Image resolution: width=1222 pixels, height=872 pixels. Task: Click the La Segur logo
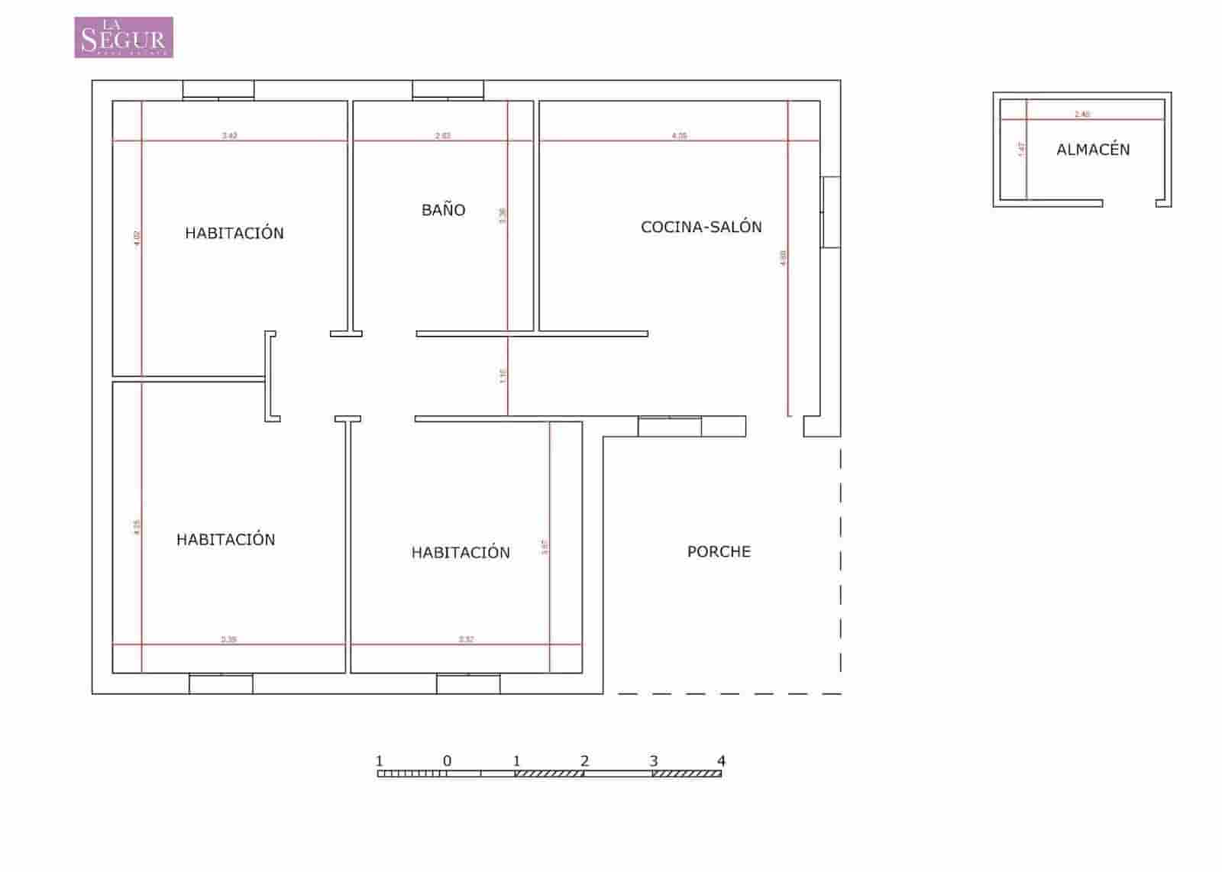coord(124,37)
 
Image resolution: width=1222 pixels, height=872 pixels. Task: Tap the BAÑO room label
coord(443,210)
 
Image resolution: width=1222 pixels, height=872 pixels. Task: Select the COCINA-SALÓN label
coord(701,227)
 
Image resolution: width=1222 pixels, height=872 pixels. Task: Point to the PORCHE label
coord(719,551)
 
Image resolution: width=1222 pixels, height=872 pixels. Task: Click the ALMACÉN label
coord(1093,150)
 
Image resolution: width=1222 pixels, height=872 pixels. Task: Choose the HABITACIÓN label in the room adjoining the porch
coord(461,552)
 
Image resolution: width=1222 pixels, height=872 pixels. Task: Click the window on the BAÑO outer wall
coord(448,90)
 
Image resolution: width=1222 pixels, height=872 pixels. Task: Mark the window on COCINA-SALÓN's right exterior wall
coord(830,212)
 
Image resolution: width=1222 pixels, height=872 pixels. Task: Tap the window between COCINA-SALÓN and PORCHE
coord(669,427)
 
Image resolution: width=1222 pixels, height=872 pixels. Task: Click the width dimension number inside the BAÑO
coord(443,136)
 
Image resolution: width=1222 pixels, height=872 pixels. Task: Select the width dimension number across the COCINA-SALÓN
coord(679,136)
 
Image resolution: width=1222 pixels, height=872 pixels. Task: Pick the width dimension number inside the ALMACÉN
coord(1082,115)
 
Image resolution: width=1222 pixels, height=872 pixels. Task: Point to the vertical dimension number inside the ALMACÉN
coord(1021,150)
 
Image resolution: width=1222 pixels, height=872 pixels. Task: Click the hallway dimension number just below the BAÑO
coord(503,376)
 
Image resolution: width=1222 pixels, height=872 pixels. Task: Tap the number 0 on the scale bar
coord(447,761)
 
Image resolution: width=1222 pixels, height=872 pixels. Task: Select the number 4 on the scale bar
coord(721,761)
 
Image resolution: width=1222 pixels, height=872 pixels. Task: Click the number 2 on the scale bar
coord(584,761)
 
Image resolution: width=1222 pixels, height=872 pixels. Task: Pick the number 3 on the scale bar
coord(653,761)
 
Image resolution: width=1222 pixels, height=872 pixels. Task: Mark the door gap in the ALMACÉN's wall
coord(1129,203)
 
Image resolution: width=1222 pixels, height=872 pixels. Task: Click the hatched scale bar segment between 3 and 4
coord(687,773)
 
